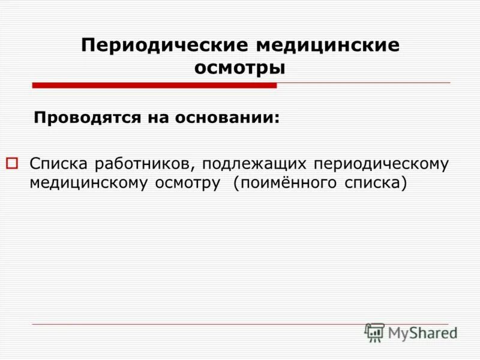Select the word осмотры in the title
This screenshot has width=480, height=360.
pyautogui.click(x=239, y=68)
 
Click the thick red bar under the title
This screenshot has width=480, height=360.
pyautogui.click(x=154, y=85)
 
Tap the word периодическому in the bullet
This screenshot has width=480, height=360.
pyautogui.click(x=382, y=164)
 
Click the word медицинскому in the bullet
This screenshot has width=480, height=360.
pyautogui.click(x=89, y=182)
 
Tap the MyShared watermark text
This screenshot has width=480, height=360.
pyautogui.click(x=422, y=332)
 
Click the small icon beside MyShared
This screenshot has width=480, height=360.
pyautogui.click(x=374, y=332)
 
